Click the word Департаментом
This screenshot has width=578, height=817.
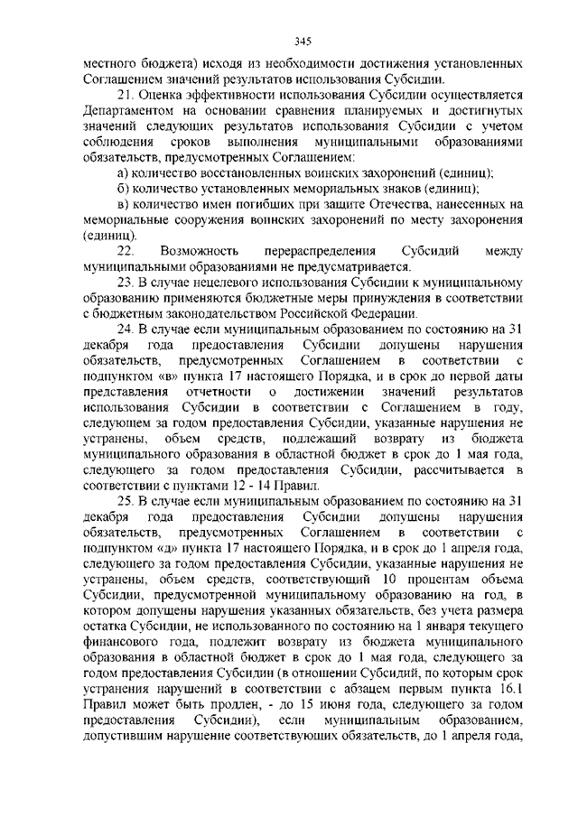tap(123, 112)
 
